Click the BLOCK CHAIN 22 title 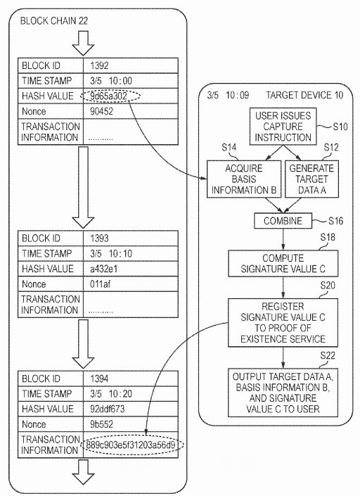point(54,21)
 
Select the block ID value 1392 point(99,65)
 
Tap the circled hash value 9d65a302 point(111,96)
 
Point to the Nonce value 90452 point(101,111)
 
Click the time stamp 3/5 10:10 point(111,253)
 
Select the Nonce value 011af point(100,284)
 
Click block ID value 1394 point(99,379)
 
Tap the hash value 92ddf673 point(107,409)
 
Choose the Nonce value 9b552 point(101,424)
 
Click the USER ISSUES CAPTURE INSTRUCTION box point(283,127)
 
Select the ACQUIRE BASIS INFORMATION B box point(244,179)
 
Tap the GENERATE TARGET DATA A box point(311,179)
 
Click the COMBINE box point(283,221)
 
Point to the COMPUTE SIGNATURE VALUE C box point(283,264)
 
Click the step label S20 point(328,286)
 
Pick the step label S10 point(340,127)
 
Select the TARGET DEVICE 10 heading point(304,95)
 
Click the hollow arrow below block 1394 point(84,471)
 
